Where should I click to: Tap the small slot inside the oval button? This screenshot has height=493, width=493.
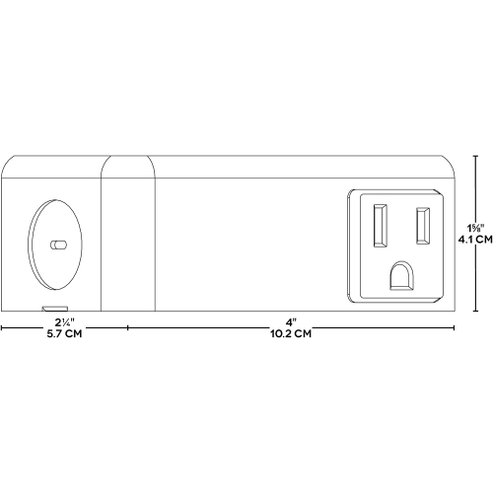57,242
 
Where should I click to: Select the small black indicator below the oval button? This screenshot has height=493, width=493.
46,308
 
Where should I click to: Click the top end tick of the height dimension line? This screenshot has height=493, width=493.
477,155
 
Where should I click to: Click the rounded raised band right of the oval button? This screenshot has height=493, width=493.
128,237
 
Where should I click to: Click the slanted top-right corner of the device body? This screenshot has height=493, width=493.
450,168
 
